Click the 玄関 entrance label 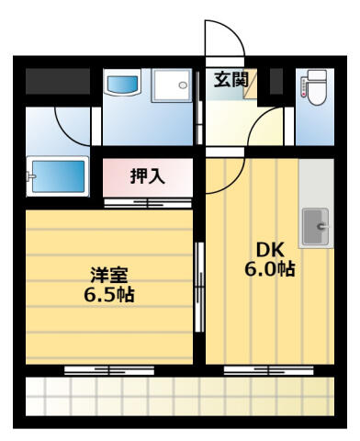pyautogui.click(x=231, y=80)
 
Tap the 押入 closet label pyautogui.click(x=148, y=176)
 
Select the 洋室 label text pyautogui.click(x=109, y=275)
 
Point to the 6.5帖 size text pyautogui.click(x=109, y=295)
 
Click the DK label pyautogui.click(x=270, y=250)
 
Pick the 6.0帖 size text pyautogui.click(x=270, y=269)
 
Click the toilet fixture pyautogui.click(x=314, y=87)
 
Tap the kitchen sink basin pyautogui.click(x=316, y=227)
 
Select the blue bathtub pyautogui.click(x=58, y=176)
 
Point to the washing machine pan pyautogui.click(x=172, y=85)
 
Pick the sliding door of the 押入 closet pyautogui.click(x=148, y=203)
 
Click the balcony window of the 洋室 pyautogui.click(x=109, y=370)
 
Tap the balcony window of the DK pyautogui.click(x=269, y=370)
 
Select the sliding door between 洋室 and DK pyautogui.click(x=199, y=287)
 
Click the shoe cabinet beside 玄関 pyautogui.click(x=251, y=84)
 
